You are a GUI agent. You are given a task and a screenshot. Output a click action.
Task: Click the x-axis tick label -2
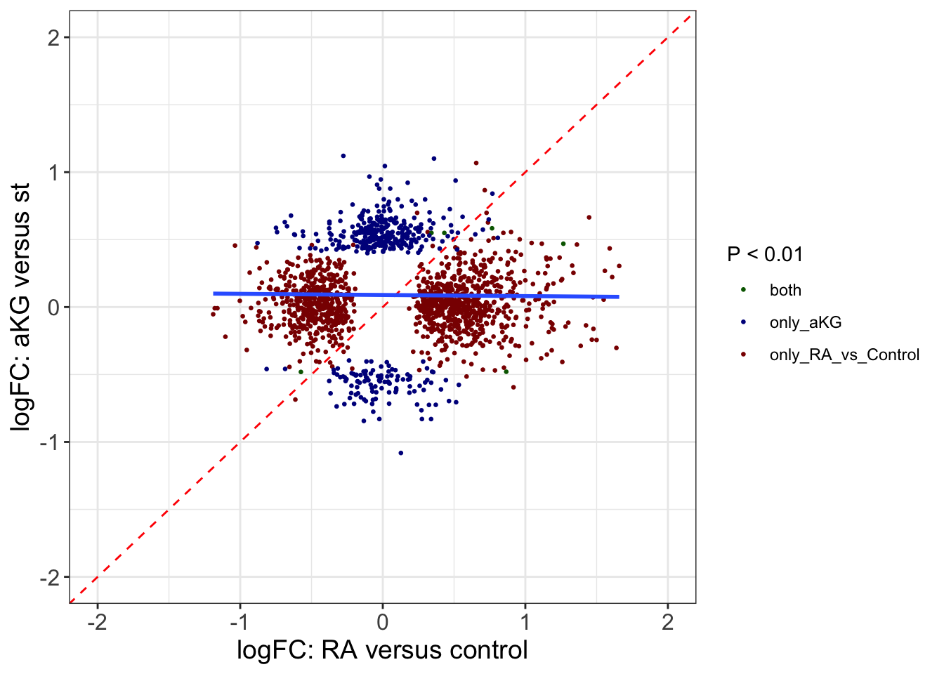click(97, 623)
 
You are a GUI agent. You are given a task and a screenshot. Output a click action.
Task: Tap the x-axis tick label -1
click(240, 623)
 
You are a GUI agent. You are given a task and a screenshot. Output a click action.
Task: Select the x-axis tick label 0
click(383, 623)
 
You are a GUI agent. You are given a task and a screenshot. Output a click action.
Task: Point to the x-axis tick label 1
click(525, 623)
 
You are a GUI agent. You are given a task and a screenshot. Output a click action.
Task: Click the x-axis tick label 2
click(668, 623)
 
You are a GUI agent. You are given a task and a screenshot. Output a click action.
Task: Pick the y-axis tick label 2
click(53, 38)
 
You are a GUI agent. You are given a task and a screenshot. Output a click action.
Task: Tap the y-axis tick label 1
click(53, 173)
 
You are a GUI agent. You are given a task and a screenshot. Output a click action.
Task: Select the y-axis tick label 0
click(53, 308)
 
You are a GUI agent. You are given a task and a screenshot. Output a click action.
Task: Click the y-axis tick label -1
click(49, 442)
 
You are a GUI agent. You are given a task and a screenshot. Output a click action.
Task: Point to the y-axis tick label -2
click(49, 577)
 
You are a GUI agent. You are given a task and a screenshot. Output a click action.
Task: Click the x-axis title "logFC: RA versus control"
click(382, 650)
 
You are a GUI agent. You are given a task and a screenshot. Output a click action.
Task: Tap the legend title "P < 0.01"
click(765, 254)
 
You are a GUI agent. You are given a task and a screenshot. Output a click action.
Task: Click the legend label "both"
click(785, 291)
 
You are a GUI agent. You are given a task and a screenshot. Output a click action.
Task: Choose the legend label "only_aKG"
click(805, 323)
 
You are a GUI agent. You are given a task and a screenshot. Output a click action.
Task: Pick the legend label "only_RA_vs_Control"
click(844, 355)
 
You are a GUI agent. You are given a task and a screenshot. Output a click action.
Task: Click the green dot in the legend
click(743, 290)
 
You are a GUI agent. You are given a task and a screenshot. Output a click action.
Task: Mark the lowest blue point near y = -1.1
click(401, 453)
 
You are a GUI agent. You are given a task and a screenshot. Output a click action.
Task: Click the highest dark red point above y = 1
click(476, 163)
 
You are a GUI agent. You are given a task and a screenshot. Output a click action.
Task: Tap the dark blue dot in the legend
click(743, 322)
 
